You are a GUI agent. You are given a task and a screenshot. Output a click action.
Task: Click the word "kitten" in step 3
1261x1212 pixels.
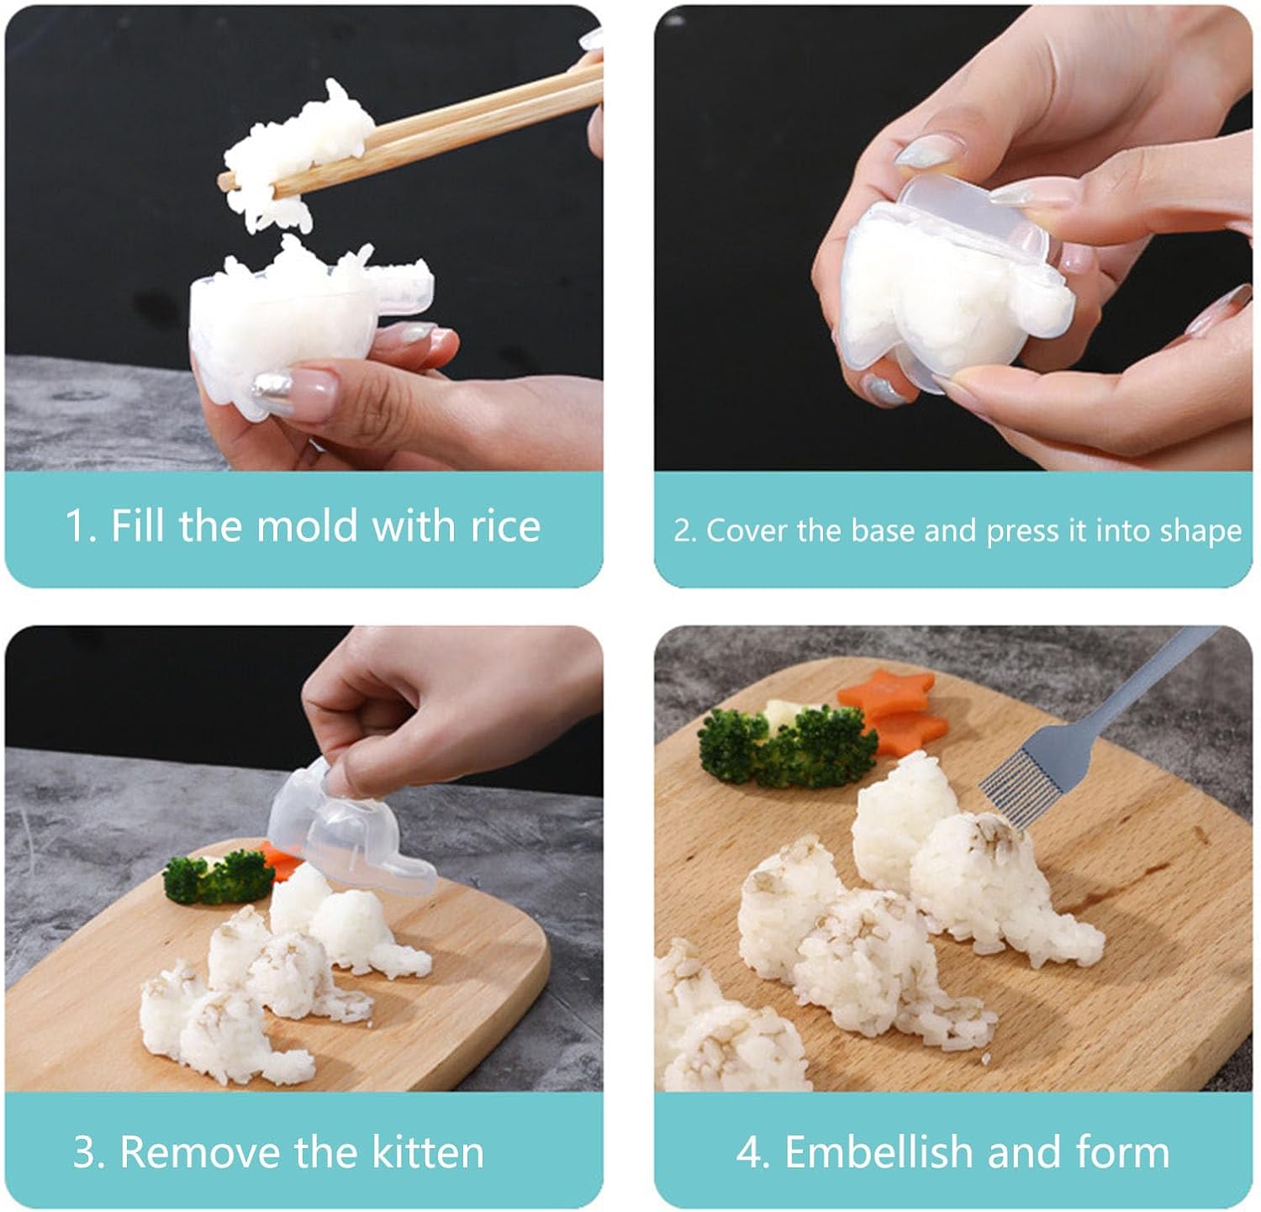(428, 1151)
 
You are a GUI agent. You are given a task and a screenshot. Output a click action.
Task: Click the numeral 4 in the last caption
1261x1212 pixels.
(748, 1152)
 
